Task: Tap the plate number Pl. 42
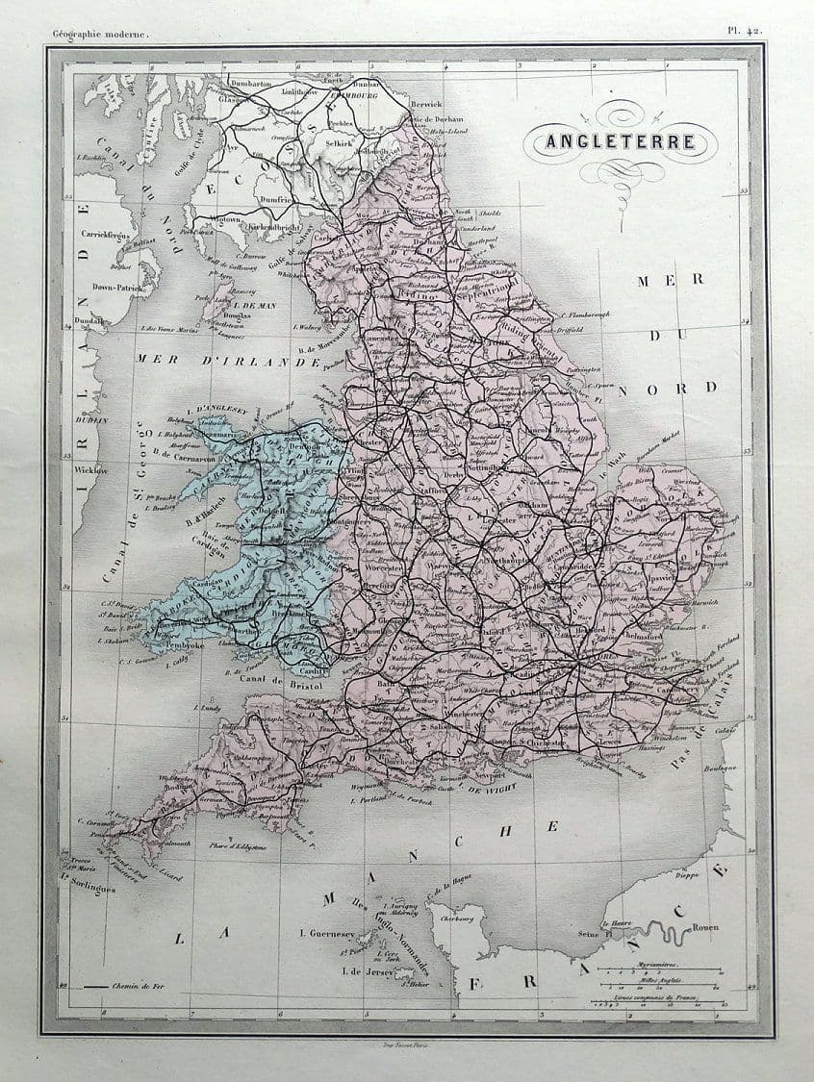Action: coord(745,31)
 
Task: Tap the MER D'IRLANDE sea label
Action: coord(227,361)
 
